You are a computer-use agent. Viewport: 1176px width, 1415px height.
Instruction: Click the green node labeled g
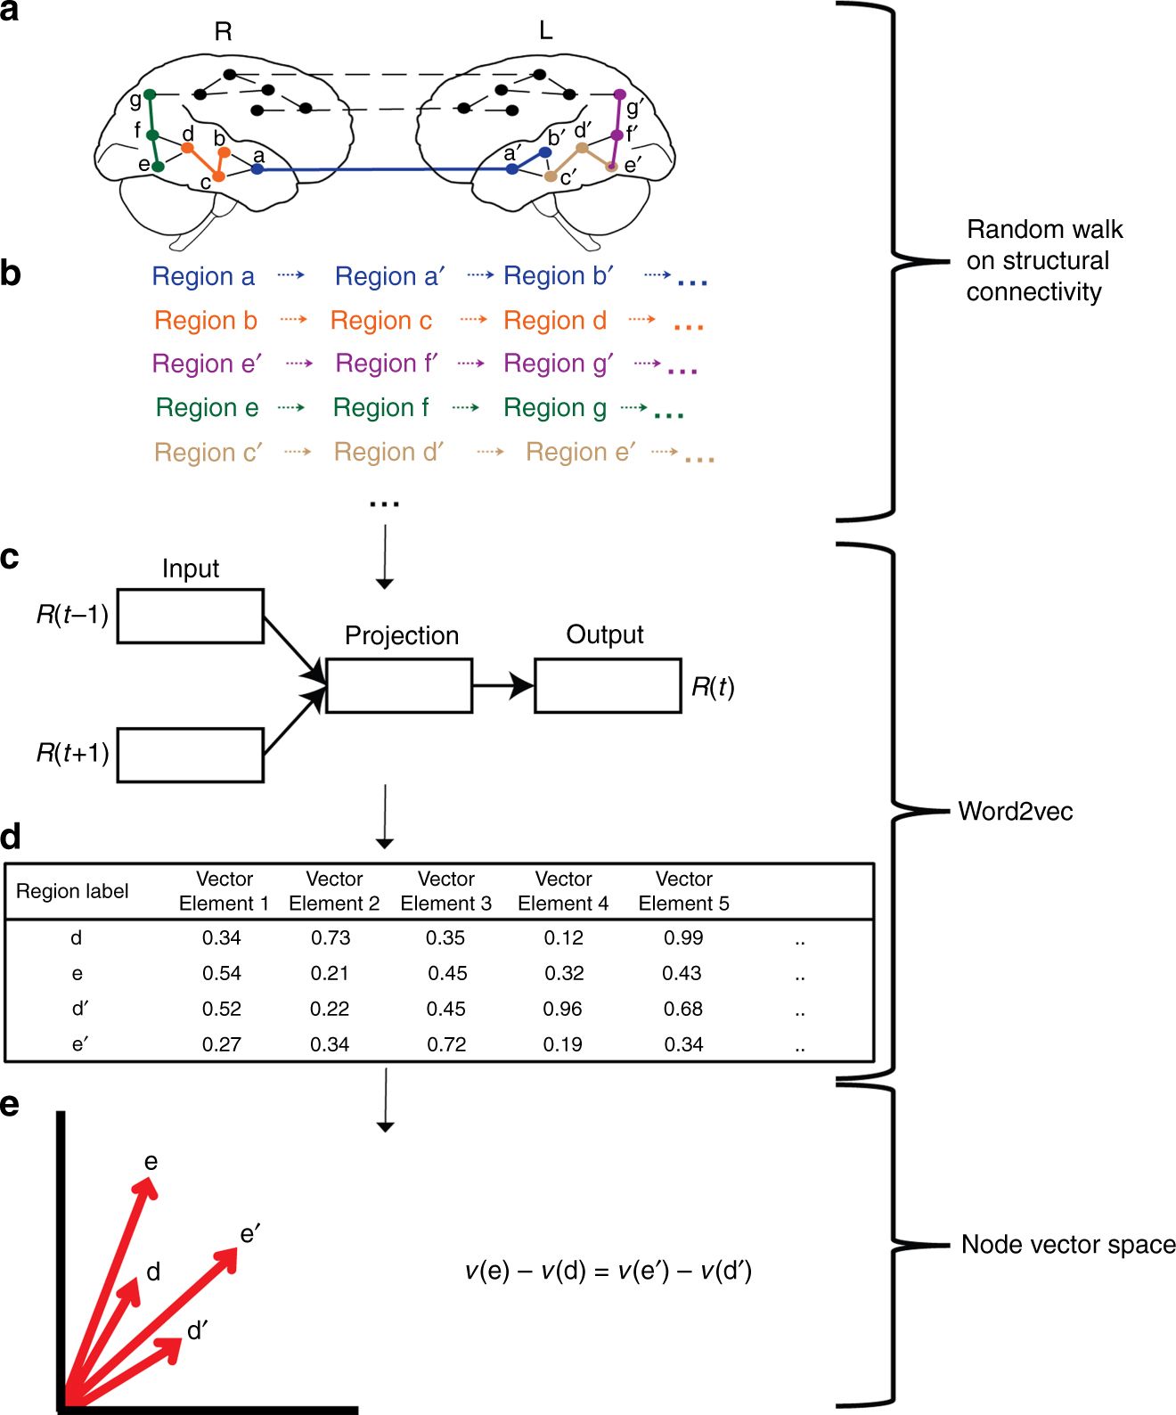150,94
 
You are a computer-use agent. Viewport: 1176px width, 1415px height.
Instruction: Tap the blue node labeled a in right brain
257,168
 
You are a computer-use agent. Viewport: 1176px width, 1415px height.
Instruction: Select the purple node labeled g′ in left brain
620,94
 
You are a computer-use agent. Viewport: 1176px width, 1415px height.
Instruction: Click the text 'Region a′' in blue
389,276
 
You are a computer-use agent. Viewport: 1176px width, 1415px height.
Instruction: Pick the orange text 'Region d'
554,320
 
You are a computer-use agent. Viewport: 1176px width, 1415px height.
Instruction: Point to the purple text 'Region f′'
387,364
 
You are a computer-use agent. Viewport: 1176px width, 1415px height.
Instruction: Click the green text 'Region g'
554,407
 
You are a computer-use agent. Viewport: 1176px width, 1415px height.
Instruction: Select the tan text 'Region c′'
208,453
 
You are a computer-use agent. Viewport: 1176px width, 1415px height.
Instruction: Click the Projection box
398,685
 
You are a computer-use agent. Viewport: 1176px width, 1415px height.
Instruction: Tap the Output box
608,685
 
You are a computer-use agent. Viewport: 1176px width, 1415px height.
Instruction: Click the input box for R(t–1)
190,616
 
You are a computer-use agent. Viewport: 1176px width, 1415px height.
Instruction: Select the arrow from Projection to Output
502,685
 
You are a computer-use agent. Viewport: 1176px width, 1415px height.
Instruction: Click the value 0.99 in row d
683,937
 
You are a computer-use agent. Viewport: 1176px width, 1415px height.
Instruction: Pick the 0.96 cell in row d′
562,1009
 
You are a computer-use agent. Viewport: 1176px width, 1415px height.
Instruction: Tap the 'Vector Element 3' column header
445,891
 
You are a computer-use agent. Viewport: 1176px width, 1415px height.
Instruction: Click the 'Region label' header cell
72,891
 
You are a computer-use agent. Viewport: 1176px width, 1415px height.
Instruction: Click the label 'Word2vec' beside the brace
1015,811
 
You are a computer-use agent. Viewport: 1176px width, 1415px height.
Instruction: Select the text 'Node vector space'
1067,1245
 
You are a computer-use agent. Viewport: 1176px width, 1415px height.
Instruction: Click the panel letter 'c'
10,558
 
